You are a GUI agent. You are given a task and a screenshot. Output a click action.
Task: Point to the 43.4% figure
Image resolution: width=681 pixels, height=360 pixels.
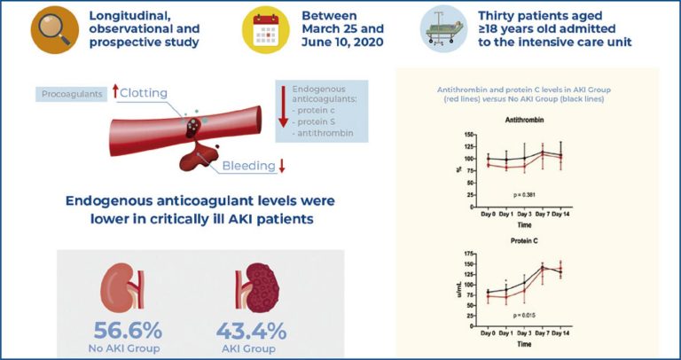pos(251,332)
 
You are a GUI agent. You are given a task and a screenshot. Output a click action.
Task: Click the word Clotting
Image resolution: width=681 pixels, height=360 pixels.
pos(145,92)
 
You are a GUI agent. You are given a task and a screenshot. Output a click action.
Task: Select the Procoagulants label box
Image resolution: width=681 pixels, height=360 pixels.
pos(69,93)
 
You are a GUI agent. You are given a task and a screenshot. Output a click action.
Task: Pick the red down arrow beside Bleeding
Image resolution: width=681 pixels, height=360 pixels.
pos(282,165)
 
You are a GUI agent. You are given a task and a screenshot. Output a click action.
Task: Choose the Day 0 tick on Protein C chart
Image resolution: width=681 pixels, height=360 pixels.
pos(487,332)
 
